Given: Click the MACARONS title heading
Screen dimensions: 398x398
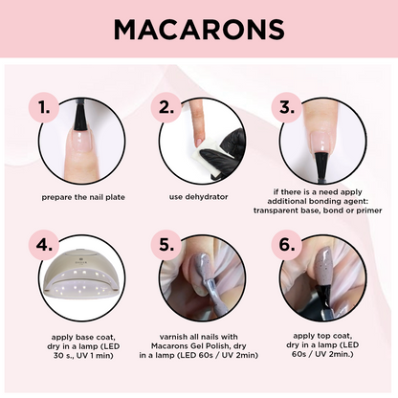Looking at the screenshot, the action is tap(199, 29).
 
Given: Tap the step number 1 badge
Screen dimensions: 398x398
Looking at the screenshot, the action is tap(44, 107).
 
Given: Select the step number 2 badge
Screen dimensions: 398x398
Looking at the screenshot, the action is tap(166, 107).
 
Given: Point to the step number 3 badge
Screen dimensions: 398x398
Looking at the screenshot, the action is tap(287, 107).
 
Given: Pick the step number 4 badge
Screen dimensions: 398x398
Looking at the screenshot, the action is tap(44, 245).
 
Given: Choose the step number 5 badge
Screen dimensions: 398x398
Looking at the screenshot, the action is tap(166, 245).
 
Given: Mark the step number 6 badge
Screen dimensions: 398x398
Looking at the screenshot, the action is tap(287, 245).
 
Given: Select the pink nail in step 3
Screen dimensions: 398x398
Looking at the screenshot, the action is tap(322, 142).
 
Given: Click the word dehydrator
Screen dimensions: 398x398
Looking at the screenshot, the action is tap(208, 197).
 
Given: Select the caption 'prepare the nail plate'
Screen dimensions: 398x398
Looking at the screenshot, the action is tap(83, 197).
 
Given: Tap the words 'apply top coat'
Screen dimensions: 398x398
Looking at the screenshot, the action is tap(322, 336).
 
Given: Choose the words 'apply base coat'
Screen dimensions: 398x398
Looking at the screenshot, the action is tap(83, 337).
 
